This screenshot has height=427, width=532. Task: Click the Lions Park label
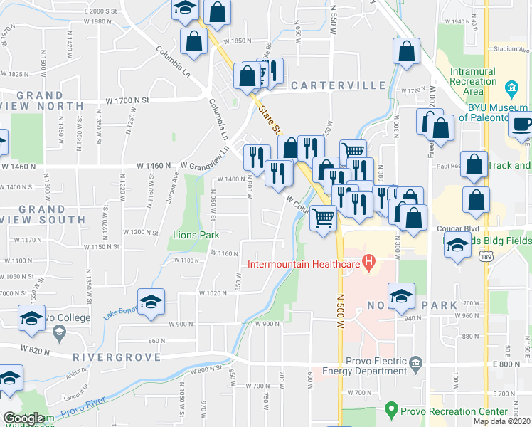(x=196, y=235)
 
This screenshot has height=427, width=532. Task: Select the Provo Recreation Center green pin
(x=390, y=410)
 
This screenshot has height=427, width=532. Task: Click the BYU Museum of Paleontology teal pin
(x=511, y=90)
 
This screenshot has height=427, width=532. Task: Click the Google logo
(x=23, y=418)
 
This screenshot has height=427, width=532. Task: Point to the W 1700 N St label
(x=131, y=101)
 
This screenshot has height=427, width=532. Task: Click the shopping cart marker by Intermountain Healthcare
(x=324, y=217)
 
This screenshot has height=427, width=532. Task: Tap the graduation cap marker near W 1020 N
(x=151, y=302)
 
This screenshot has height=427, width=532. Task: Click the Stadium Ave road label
(x=512, y=50)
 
